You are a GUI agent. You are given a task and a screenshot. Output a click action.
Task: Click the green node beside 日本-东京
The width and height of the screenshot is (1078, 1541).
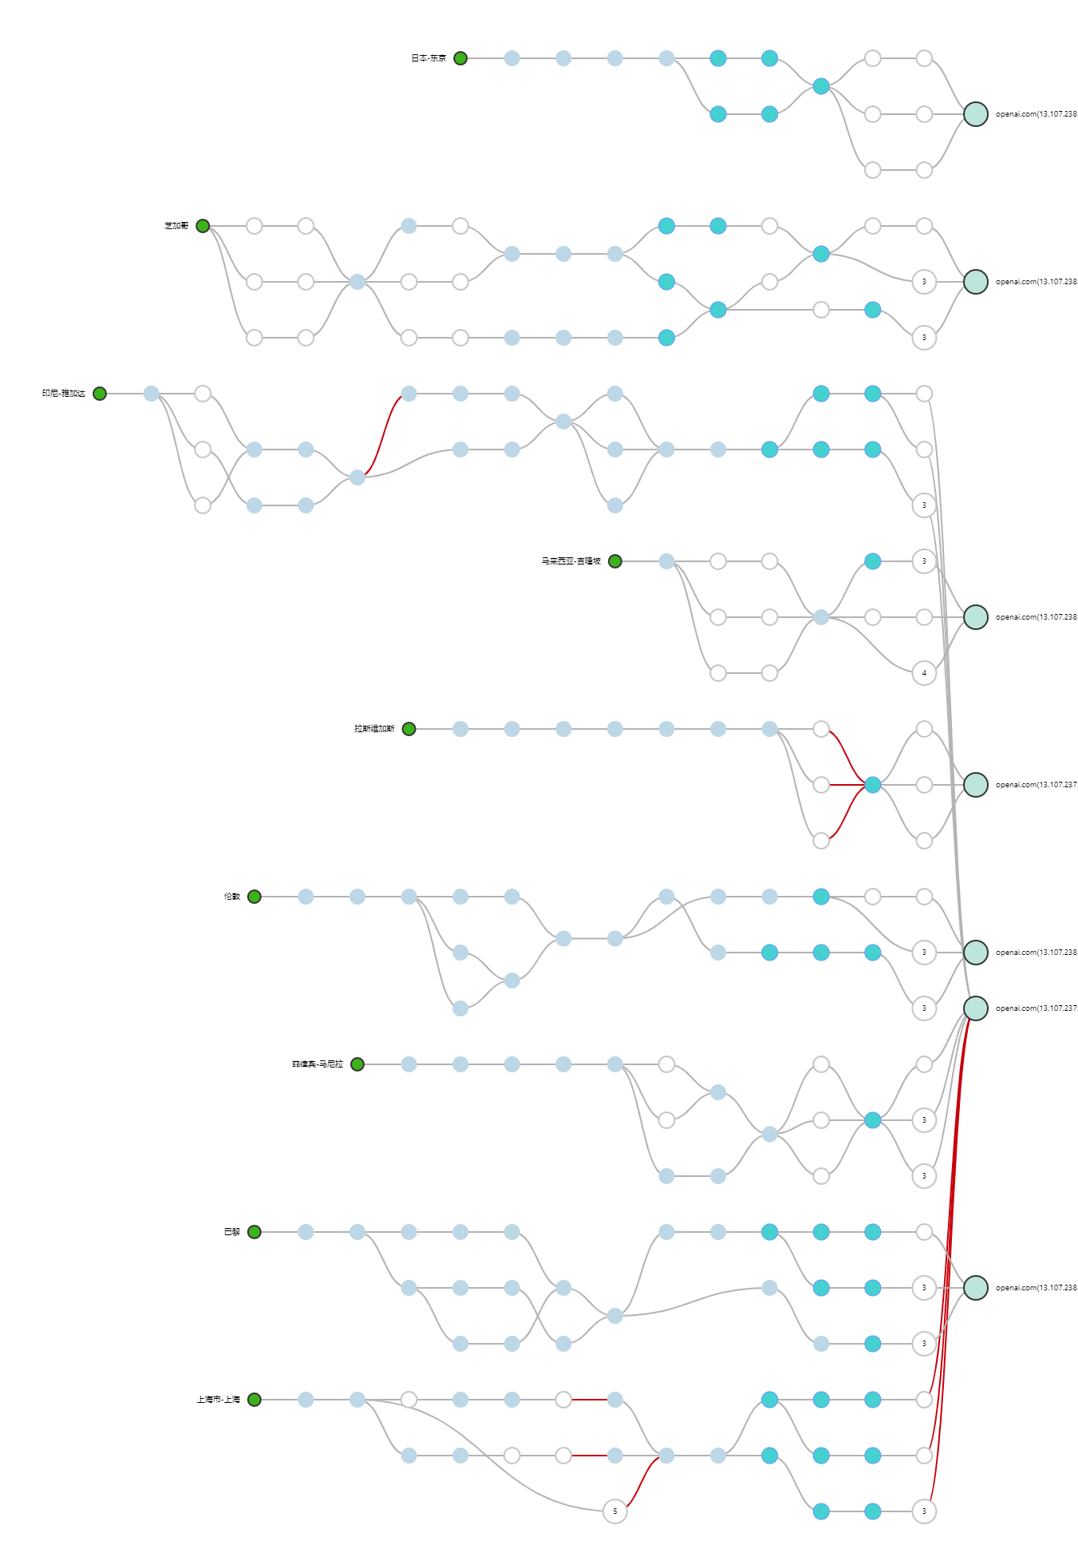(460, 58)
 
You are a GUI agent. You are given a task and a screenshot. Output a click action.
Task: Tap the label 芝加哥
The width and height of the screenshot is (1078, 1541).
(176, 226)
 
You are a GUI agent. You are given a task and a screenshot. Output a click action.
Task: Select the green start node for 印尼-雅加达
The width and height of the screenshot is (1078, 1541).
(100, 394)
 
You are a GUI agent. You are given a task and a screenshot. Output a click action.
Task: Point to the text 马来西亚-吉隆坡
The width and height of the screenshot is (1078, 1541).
(571, 561)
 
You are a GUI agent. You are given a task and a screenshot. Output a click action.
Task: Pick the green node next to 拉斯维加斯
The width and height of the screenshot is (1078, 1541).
(409, 729)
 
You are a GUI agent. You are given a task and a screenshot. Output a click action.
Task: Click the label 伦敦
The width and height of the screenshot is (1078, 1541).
(232, 897)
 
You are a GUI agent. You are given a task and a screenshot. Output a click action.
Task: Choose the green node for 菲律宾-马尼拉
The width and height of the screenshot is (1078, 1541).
(357, 1064)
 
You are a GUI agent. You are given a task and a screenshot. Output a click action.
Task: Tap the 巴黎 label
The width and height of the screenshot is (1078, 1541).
(232, 1232)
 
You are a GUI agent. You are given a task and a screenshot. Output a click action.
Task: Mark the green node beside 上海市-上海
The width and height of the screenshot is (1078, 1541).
(255, 1400)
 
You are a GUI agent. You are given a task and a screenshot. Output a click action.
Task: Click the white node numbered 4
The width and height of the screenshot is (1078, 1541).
(924, 673)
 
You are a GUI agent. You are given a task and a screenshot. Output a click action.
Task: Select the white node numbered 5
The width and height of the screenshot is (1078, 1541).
(614, 1511)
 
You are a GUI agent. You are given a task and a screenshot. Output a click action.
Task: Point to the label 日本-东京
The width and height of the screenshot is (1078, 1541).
(428, 58)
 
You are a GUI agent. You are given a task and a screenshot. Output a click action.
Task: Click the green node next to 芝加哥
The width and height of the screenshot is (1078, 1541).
(203, 226)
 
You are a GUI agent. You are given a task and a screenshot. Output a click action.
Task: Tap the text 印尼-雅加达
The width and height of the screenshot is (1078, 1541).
(64, 394)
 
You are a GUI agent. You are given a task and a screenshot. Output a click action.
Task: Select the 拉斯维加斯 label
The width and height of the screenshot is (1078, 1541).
(374, 729)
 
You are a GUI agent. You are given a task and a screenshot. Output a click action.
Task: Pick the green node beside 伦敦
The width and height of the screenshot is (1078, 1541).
(255, 897)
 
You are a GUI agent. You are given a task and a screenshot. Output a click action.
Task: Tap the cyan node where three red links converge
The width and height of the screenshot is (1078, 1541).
(873, 785)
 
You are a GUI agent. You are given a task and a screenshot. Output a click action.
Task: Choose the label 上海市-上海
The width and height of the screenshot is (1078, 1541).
(218, 1400)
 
